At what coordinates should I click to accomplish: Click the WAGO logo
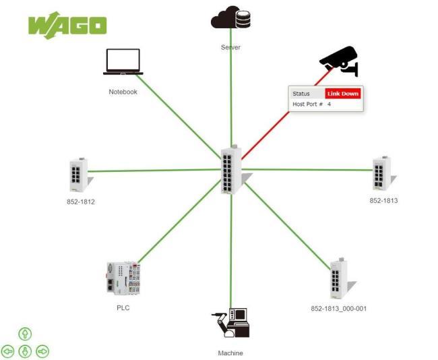[67, 26]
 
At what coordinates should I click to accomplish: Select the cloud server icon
[230, 18]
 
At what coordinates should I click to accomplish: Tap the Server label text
[230, 48]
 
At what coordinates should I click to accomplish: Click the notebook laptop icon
[123, 62]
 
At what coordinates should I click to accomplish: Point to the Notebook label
[123, 92]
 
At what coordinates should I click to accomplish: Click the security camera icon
[339, 61]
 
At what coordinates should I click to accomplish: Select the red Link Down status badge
[343, 94]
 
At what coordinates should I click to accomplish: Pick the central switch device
[232, 169]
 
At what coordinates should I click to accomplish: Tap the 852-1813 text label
[384, 200]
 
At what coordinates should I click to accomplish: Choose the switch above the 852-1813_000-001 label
[338, 278]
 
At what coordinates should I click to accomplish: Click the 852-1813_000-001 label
[338, 308]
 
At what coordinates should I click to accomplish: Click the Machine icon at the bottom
[231, 323]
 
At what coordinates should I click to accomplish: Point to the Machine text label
[230, 353]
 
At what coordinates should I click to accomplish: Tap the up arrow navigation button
[25, 334]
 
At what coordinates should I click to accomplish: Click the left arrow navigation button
[8, 351]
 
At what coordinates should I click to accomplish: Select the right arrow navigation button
[42, 351]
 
